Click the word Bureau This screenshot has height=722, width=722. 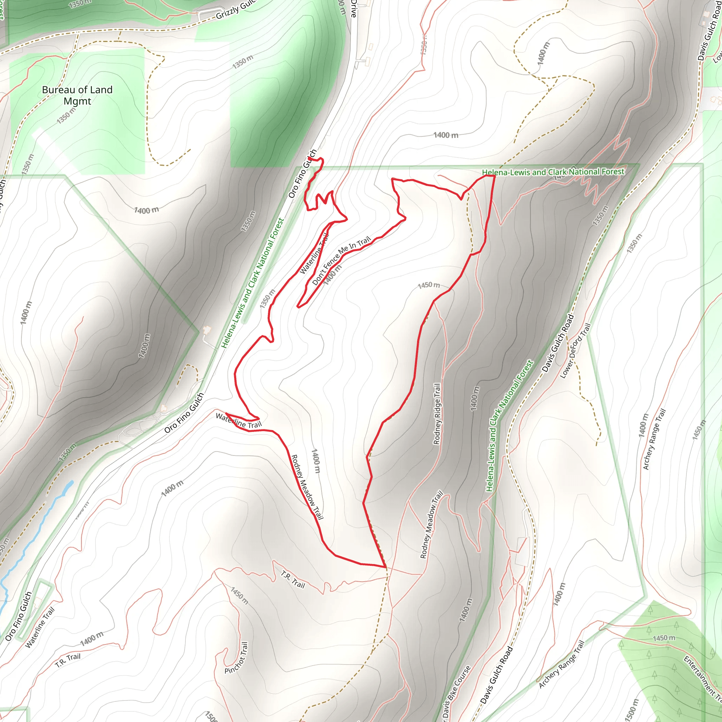click(56, 90)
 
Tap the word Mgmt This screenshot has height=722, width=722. click(77, 101)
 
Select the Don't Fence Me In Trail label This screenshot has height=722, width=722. click(341, 261)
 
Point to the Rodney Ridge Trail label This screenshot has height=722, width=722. click(436, 414)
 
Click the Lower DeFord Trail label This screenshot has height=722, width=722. click(575, 351)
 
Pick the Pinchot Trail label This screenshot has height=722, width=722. click(236, 658)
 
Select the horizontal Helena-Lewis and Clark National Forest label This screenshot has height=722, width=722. click(553, 172)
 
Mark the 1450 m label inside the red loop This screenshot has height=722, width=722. click(429, 285)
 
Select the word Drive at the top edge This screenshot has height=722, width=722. click(354, 8)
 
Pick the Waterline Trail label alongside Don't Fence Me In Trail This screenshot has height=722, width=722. click(314, 253)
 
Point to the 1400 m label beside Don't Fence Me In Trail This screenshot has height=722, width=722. click(332, 275)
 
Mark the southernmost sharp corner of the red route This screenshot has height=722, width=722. click(385, 567)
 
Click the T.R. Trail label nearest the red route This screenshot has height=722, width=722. click(293, 579)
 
